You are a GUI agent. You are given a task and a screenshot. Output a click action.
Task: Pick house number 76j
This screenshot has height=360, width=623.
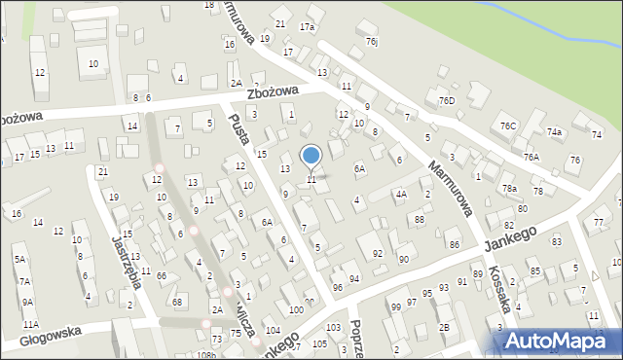pos(372,42)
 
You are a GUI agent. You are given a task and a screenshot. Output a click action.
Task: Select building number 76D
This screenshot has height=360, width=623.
pos(447,101)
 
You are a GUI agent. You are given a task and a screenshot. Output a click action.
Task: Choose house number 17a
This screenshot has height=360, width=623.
pos(308,27)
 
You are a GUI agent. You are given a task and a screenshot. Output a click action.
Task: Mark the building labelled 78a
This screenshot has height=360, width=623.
pos(508,188)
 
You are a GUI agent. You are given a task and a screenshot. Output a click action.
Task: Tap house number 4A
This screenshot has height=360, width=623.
pos(400,194)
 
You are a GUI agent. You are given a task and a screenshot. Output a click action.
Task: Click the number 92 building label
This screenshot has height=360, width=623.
pos(378,253)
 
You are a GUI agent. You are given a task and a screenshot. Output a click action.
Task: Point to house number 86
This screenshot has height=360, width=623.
pos(454,243)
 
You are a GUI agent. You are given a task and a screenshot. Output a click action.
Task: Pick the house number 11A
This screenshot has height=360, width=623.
pos(30,324)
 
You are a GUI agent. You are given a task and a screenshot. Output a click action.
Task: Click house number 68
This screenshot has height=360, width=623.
pos(177,302)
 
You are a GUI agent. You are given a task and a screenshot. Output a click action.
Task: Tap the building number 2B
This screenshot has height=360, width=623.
pos(444,327)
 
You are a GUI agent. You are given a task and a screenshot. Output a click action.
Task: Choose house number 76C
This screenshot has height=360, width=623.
pos(507,126)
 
